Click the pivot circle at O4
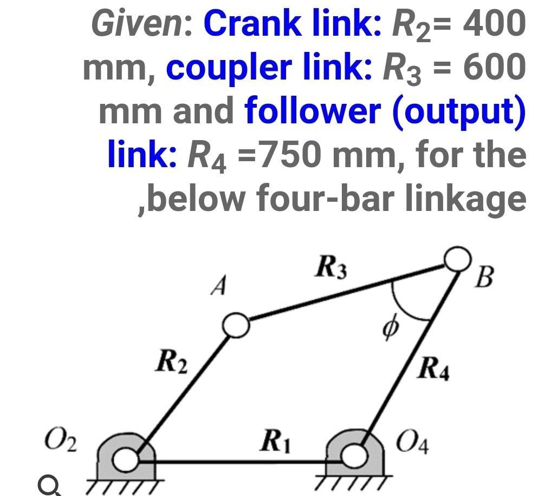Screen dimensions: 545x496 (x=354, y=455)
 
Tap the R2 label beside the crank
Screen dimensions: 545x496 (x=171, y=362)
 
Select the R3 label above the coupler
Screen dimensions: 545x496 (x=332, y=268)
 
